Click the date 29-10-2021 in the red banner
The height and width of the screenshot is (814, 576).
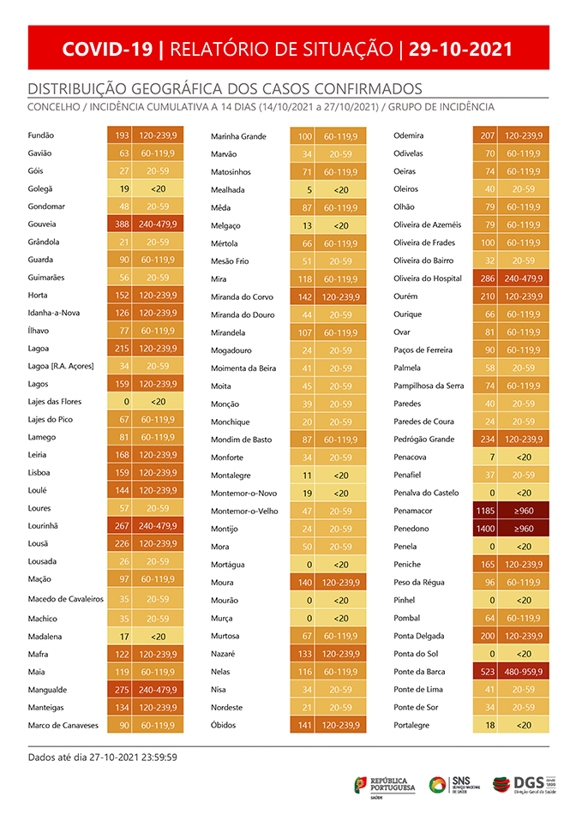coord(461,49)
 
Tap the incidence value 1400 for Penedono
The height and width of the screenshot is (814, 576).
coord(486,529)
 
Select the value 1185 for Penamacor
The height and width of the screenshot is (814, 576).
coord(486,511)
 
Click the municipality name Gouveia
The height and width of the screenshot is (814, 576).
coord(44,224)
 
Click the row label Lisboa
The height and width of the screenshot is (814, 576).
coord(39,472)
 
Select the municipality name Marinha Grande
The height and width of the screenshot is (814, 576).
coord(238,136)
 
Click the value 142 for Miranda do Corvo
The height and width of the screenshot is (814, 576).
coord(303,296)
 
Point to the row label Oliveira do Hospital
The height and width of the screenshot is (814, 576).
coord(427,278)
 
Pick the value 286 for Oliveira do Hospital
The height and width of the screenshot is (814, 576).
coord(486,278)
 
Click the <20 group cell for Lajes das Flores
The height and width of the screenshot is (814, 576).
coord(158,401)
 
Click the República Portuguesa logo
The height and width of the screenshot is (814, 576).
coord(385,784)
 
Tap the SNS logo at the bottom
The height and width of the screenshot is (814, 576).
coord(455,784)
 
